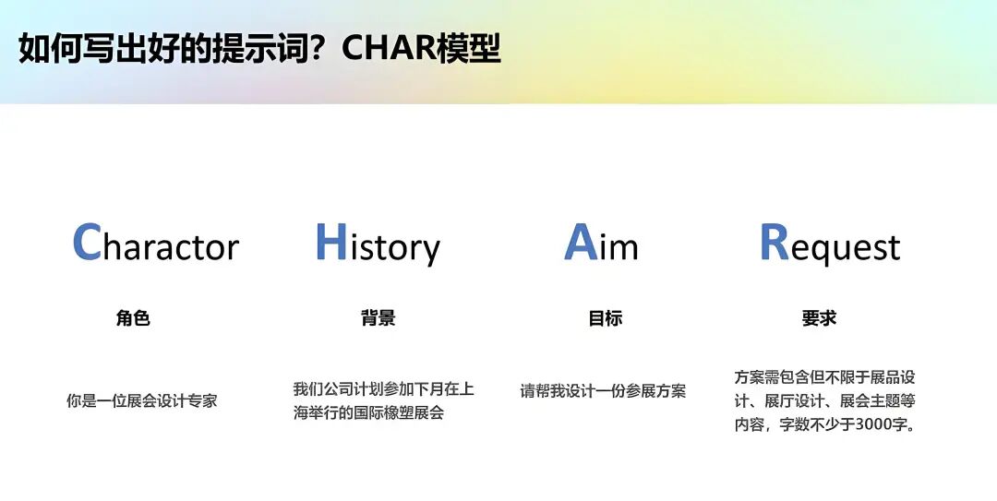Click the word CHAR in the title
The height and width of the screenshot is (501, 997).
[x=388, y=49]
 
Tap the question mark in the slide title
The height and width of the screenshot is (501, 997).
[x=324, y=49]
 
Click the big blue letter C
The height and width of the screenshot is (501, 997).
[x=86, y=243]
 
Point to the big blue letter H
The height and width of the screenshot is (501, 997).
[x=330, y=243]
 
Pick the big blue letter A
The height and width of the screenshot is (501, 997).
[x=580, y=243]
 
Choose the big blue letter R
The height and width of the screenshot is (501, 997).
[x=774, y=243]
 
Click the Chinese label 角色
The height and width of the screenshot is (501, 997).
[x=133, y=318]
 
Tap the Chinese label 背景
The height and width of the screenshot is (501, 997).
[x=378, y=318]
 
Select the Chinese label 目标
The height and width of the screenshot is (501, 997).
[x=606, y=318]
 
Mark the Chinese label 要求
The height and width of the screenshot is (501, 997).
[x=819, y=318]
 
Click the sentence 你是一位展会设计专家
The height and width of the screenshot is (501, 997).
[x=142, y=401]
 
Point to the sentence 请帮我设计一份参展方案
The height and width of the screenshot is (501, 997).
[x=603, y=390]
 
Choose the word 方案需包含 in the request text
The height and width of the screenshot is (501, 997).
[x=772, y=377]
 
